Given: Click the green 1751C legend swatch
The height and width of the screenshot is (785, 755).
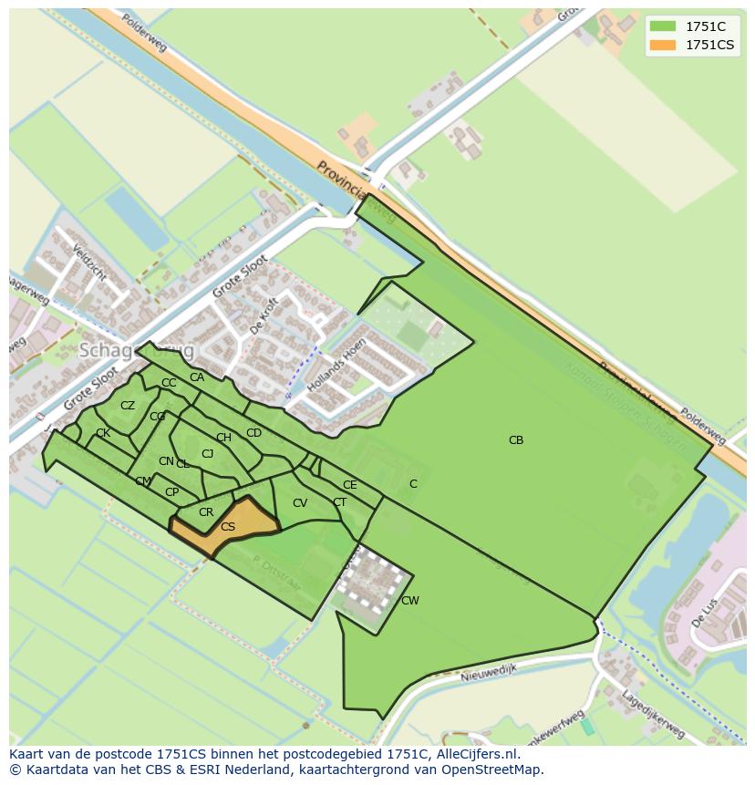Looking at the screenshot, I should tap(663, 27).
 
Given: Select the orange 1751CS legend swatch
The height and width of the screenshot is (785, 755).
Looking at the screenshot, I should tap(663, 45).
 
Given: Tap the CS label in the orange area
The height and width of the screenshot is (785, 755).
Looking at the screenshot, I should tap(228, 527).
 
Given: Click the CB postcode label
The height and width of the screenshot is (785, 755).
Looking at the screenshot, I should tap(516, 440).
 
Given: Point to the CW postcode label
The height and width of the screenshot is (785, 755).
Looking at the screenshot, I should tap(410, 601).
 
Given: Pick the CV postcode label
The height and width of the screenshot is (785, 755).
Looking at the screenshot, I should tap(300, 503).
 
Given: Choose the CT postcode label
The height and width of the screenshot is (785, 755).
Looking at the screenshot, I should tap(339, 502).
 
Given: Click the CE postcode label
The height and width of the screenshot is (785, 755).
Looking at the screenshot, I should tap(350, 485).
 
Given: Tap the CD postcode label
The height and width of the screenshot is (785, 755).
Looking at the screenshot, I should tap(254, 433).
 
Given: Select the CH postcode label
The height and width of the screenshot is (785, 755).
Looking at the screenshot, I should tap(223, 438).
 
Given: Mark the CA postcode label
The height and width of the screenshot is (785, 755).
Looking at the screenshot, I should tap(197, 377).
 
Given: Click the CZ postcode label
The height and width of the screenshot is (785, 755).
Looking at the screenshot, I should tap(128, 406).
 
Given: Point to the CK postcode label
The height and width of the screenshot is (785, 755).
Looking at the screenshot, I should tap(103, 433).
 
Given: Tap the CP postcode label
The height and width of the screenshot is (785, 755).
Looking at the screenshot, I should tap(171, 492).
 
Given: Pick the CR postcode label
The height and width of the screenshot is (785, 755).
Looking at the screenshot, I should tap(206, 512).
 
